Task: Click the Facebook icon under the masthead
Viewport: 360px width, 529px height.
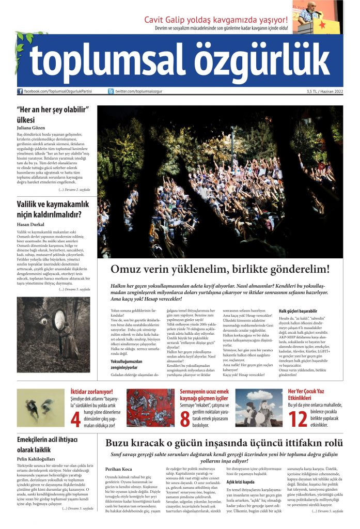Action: [20, 91]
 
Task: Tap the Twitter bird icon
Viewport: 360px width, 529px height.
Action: [111, 91]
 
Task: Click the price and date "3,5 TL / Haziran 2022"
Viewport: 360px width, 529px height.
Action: [324, 91]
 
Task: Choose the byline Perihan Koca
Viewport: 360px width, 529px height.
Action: [119, 469]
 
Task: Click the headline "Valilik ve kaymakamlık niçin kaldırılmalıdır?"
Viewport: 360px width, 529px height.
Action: [50, 208]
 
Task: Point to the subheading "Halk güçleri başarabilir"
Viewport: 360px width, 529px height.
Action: [298, 311]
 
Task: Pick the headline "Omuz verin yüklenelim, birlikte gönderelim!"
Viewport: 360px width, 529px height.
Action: [220, 270]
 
